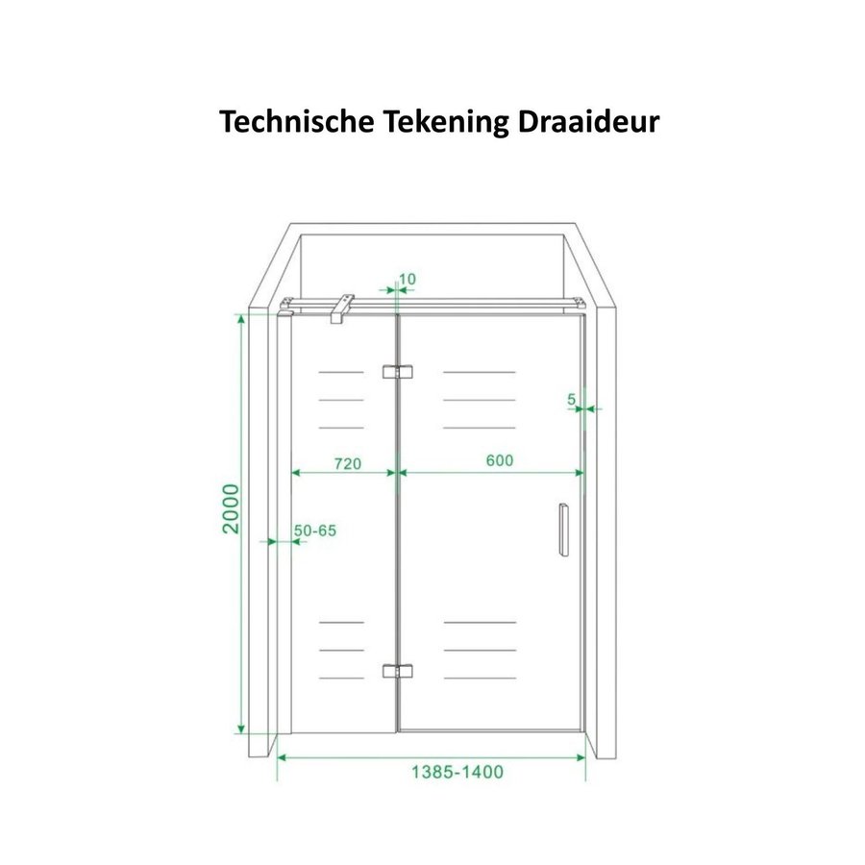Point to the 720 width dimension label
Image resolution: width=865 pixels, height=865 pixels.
347,463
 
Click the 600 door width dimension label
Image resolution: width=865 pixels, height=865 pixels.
500,460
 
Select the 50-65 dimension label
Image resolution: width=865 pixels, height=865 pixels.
315,531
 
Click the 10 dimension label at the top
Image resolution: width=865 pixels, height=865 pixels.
407,280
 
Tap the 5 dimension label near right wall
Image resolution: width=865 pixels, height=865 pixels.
572,398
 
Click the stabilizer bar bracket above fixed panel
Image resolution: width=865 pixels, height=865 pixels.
337,309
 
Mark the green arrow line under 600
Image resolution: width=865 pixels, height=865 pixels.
491,473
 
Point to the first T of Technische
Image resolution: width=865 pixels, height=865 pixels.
229,122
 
